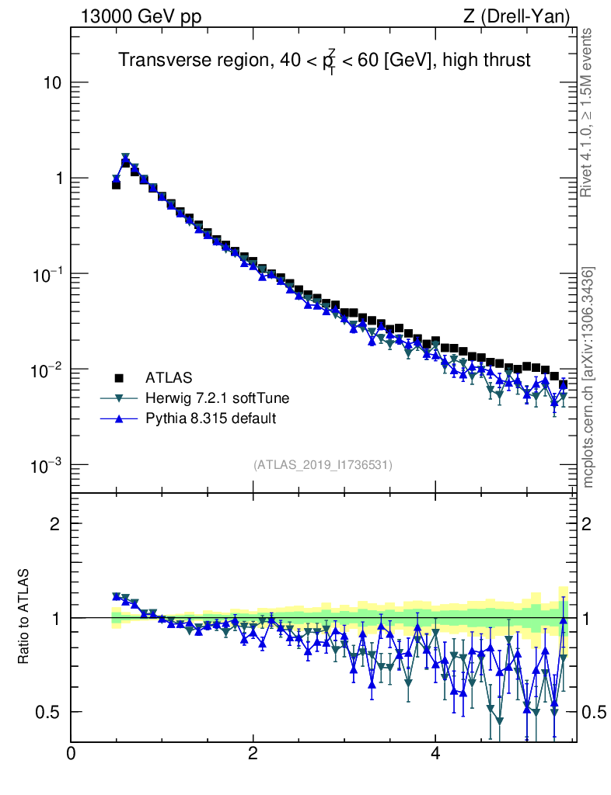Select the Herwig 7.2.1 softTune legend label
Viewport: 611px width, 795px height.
[x=217, y=398]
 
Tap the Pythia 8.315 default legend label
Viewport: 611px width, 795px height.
[x=211, y=418]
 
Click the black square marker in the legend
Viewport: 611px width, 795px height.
[x=119, y=378]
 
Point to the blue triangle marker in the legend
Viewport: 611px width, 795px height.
[x=119, y=418]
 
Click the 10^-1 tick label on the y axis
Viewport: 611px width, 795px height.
[x=47, y=273]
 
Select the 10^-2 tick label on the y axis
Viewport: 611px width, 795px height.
[x=47, y=369]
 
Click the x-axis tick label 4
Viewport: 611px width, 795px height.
[x=435, y=754]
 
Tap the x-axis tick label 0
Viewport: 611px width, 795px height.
[x=72, y=754]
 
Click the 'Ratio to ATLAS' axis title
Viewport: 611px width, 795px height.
[x=24, y=618]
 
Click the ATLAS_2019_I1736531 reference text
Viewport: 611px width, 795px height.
[x=323, y=465]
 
